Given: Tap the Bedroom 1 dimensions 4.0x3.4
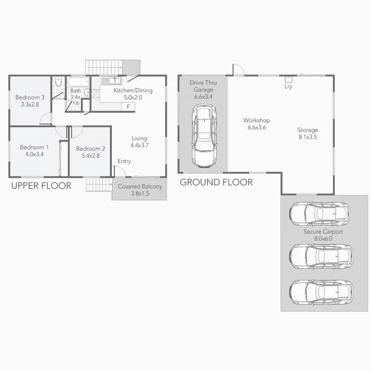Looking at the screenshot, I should click(x=34, y=154).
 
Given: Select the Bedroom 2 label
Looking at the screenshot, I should click(x=91, y=148).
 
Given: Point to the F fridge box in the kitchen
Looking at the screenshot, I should click(x=129, y=106).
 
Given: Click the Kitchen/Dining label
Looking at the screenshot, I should click(x=133, y=91).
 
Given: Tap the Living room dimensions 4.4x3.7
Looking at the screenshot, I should click(x=140, y=145).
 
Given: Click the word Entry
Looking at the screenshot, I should click(x=124, y=161).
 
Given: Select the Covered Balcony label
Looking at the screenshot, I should click(x=140, y=186).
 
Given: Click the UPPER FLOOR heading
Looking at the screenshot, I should click(x=41, y=186).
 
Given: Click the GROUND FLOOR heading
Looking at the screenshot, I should click(x=216, y=183).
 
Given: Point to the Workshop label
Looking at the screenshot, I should click(x=256, y=120).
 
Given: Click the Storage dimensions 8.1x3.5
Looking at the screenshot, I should click(x=308, y=137).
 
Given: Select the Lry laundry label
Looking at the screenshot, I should click(x=288, y=87).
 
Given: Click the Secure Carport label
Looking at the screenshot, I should click(x=323, y=231).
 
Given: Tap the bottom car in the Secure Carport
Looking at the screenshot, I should click(x=321, y=292).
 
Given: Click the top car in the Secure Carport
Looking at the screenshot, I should click(x=320, y=213).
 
